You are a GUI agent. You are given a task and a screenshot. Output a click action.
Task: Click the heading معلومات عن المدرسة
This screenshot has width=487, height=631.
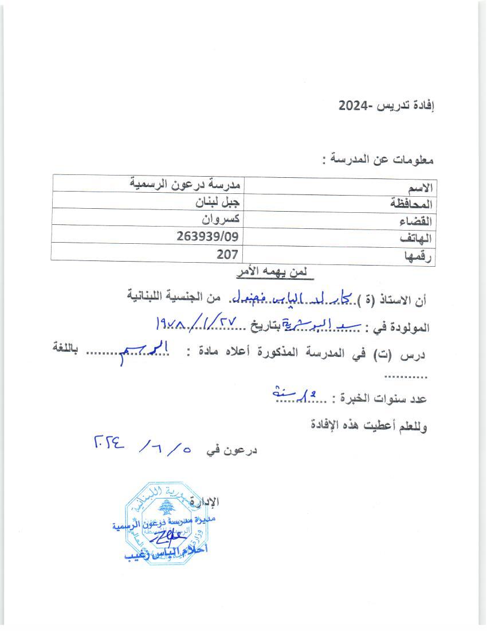click(379, 160)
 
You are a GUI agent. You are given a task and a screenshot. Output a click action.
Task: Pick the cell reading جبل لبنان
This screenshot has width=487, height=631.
click(217, 202)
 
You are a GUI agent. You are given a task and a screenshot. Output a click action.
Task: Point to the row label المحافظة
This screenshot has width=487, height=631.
click(411, 204)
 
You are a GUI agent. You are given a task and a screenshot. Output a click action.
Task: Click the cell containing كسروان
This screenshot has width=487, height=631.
click(223, 219)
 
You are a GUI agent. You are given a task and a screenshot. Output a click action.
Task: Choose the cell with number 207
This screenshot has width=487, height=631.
click(227, 252)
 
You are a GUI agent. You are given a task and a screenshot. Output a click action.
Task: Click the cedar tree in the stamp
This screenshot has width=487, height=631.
click(166, 507)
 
